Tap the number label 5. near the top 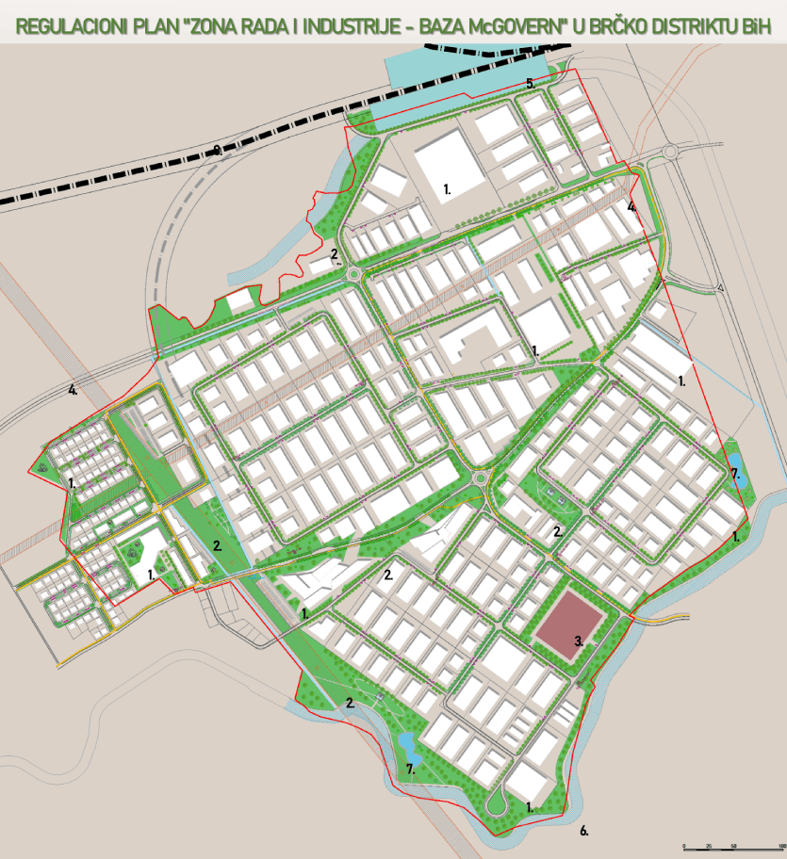pos(531,84)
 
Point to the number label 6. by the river pos(583,831)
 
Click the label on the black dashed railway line pos(218,149)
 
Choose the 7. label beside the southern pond pos(410,769)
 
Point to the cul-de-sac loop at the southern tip pos(497,802)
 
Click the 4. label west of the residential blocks pos(72,389)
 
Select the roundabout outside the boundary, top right pos(670,151)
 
